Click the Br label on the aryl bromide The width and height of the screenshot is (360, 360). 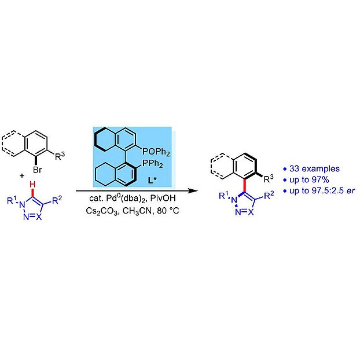(x=38, y=170)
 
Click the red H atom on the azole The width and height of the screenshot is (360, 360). (x=32, y=184)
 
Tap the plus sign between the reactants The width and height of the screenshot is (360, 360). (x=22, y=176)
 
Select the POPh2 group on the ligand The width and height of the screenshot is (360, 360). (x=156, y=152)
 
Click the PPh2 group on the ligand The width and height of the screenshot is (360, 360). (x=153, y=164)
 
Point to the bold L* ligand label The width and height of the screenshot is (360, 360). (x=152, y=180)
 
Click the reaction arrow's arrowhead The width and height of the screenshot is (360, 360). (x=193, y=190)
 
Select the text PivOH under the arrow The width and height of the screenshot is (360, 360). (x=163, y=198)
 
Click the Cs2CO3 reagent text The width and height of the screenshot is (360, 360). (x=102, y=211)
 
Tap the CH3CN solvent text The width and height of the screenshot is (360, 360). (x=137, y=211)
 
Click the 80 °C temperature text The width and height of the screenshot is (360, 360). (x=168, y=211)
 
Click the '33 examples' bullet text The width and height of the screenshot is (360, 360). (x=314, y=169)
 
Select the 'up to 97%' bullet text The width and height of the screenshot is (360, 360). (x=309, y=180)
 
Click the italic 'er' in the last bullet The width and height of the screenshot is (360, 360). (x=351, y=191)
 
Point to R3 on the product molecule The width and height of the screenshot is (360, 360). (x=269, y=179)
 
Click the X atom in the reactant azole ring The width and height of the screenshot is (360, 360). (x=39, y=216)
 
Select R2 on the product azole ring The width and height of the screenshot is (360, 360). (x=269, y=195)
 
